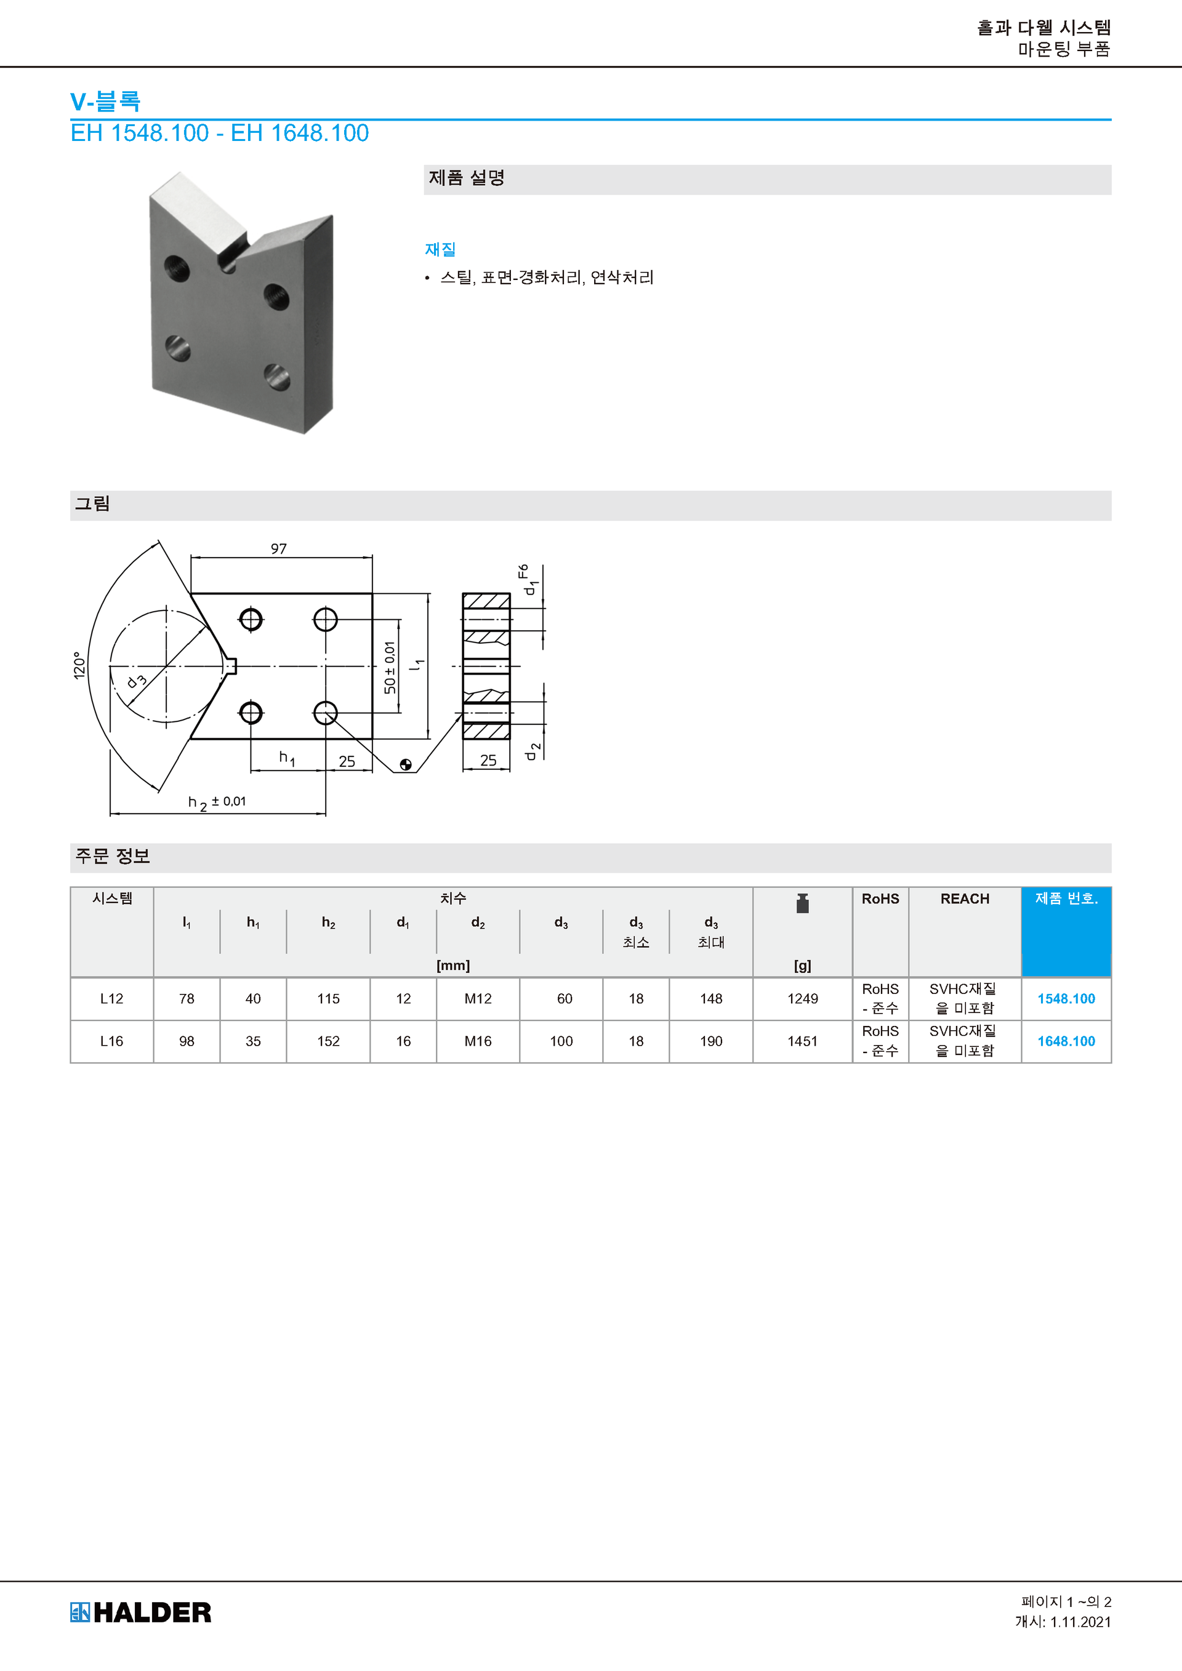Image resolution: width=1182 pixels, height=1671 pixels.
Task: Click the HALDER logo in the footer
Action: click(140, 1612)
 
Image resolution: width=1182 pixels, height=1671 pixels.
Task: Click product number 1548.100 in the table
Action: click(1066, 998)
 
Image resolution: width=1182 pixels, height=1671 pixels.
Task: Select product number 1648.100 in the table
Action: click(1066, 1041)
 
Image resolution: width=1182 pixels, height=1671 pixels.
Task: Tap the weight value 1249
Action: click(802, 998)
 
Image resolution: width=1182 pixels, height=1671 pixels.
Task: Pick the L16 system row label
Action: click(111, 1041)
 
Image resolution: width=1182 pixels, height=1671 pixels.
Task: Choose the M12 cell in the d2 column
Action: click(478, 998)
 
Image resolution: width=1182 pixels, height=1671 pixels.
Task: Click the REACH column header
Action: click(965, 899)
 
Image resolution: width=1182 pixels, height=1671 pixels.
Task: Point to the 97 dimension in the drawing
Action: click(279, 549)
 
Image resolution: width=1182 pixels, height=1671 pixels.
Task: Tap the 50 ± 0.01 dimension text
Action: click(390, 667)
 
